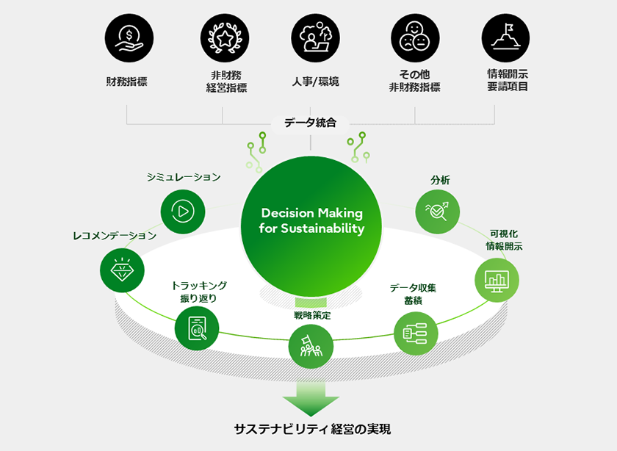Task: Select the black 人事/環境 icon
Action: pos(315,37)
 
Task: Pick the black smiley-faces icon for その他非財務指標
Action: pos(414,37)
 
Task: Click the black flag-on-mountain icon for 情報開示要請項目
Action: pos(505,37)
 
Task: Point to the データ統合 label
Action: pos(310,123)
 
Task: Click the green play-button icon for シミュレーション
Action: pos(181,212)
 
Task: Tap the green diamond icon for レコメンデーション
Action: pos(122,270)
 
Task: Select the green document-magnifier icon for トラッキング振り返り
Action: pos(198,328)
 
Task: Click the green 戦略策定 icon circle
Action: pos(311,345)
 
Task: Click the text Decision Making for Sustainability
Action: pos(311,220)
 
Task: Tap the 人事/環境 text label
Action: pos(315,82)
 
